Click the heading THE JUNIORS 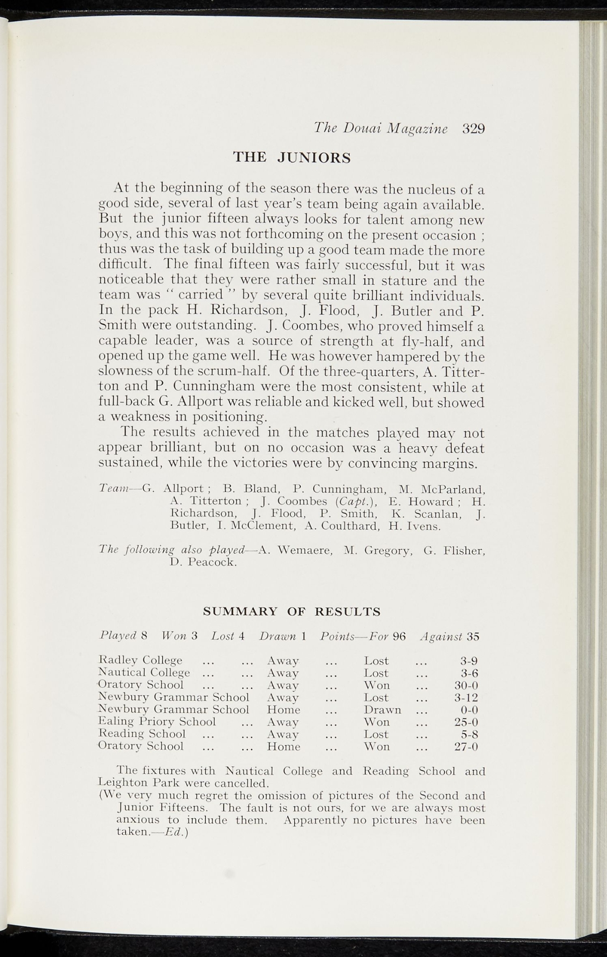[x=292, y=158]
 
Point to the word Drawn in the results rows [x=383, y=710]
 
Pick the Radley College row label [x=141, y=661]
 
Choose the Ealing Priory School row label [x=158, y=722]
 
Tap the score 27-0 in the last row [x=466, y=746]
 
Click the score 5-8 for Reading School [x=469, y=734]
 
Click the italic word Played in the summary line [x=118, y=636]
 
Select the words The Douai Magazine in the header [x=381, y=129]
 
